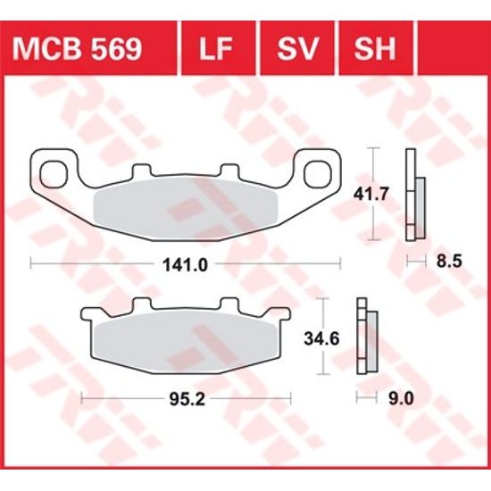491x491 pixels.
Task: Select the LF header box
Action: pos(219,49)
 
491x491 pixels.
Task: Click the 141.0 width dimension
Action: pos(187,264)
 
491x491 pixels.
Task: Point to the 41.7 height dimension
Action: pos(349,193)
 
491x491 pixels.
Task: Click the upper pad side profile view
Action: pos(414,194)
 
